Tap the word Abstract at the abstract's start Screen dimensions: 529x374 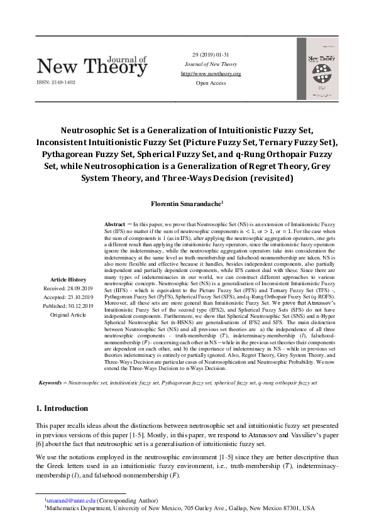pyautogui.click(x=114, y=224)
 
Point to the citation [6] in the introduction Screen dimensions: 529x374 pyautogui.click(x=42, y=443)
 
